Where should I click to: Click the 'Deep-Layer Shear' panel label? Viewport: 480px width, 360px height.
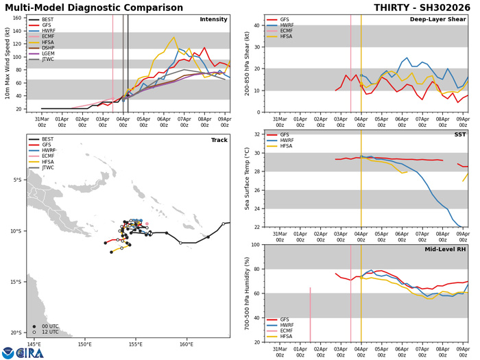point(439,19)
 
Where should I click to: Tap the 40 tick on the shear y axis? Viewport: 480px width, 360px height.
point(256,26)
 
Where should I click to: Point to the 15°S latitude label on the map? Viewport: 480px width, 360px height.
point(17,282)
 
